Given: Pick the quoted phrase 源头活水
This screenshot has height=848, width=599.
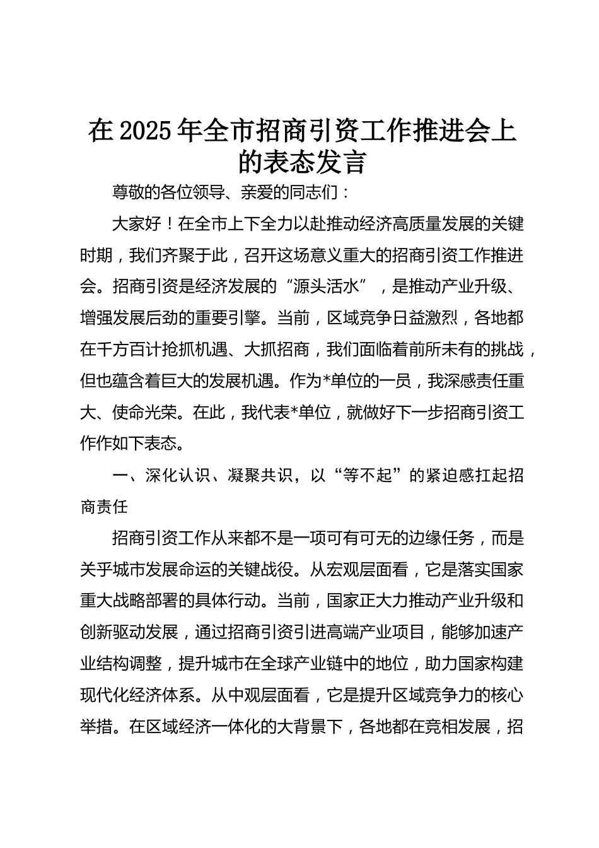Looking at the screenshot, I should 327,286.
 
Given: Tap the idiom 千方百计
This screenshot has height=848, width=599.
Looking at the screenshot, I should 129,350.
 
